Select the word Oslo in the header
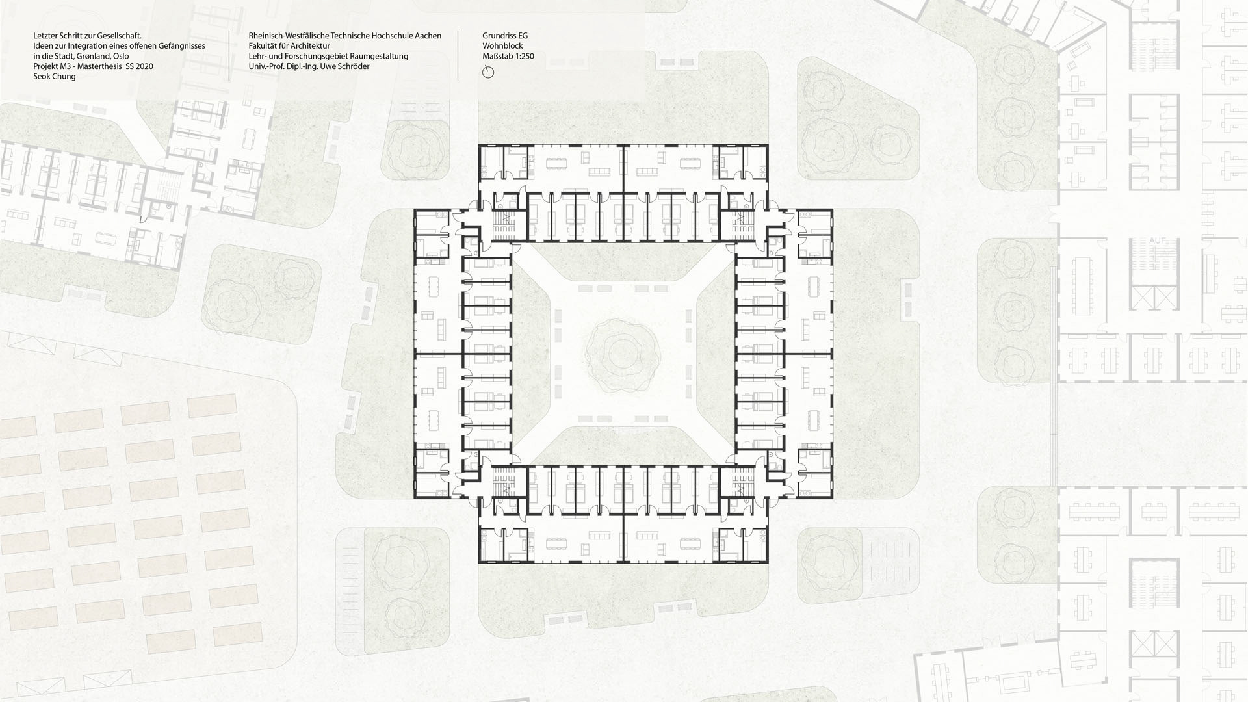click(x=120, y=56)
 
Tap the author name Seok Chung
click(x=55, y=76)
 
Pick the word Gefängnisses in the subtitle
click(x=182, y=46)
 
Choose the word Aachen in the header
click(x=428, y=36)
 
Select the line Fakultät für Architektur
click(x=289, y=46)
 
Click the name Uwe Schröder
click(x=346, y=66)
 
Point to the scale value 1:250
click(x=523, y=56)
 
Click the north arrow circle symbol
click(x=488, y=73)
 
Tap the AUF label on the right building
click(x=1158, y=240)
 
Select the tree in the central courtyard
click(x=623, y=354)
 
